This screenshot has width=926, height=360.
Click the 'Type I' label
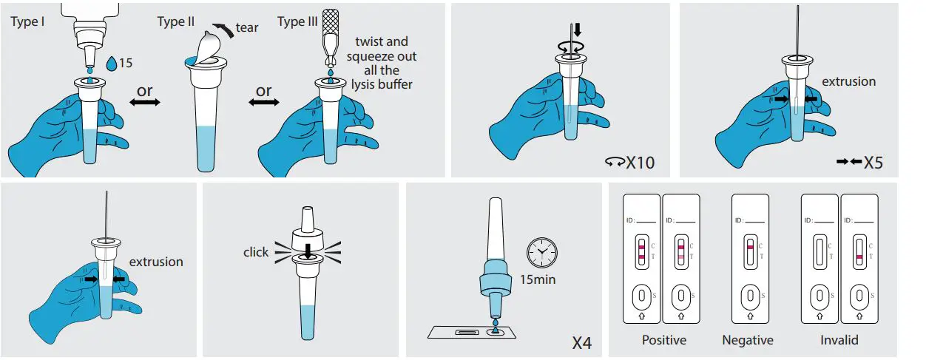coord(27,21)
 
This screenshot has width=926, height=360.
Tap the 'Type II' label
coord(175,21)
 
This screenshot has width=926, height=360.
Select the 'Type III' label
coord(297,21)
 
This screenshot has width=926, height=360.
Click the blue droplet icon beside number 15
coord(111,64)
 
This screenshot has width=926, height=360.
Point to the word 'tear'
coord(247,27)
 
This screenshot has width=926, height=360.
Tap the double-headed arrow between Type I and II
coord(144,103)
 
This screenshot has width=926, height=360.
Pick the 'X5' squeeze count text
coord(873,162)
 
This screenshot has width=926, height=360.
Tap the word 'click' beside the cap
coord(256,252)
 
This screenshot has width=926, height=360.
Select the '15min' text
coord(539,279)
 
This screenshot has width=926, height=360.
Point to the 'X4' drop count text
coord(582,343)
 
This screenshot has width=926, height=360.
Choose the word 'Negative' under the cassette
coord(748,340)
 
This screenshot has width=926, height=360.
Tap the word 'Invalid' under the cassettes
coord(839,340)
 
